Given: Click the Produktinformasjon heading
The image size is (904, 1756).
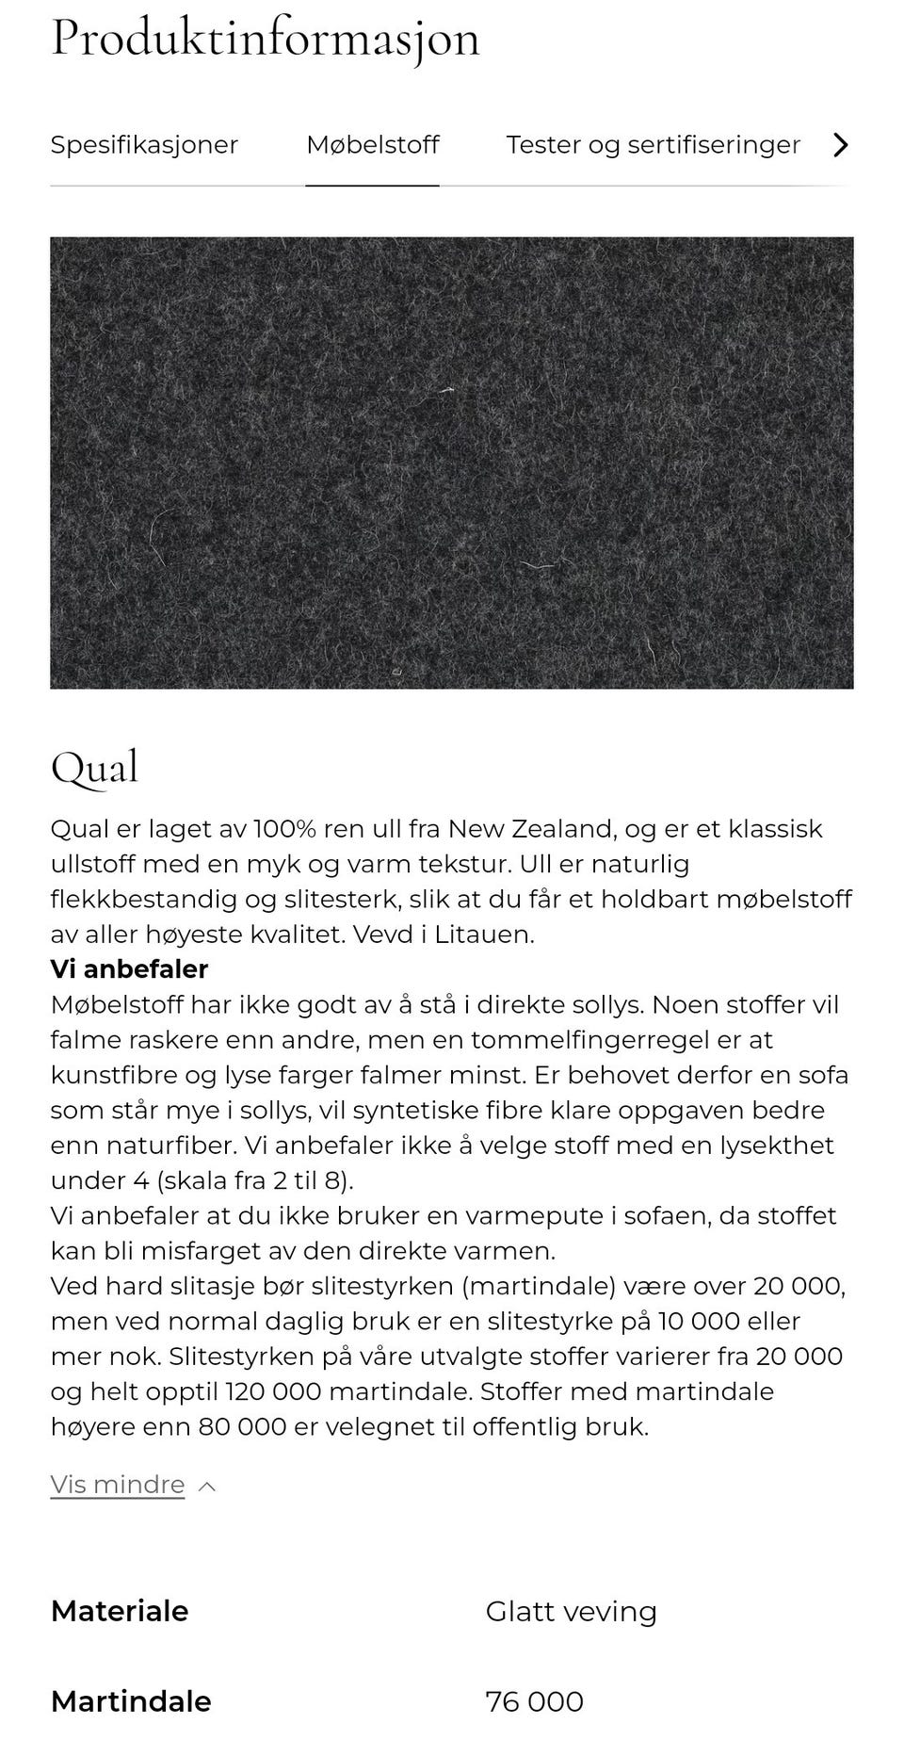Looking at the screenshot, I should [x=265, y=40].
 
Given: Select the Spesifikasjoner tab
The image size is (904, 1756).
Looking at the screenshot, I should [x=144, y=145].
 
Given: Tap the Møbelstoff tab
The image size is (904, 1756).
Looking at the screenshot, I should [x=373, y=145].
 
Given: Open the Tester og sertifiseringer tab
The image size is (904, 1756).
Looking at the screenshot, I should [x=653, y=145].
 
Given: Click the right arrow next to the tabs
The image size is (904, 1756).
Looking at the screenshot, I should [x=841, y=145].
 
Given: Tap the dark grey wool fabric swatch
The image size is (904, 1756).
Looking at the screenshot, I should [x=452, y=463].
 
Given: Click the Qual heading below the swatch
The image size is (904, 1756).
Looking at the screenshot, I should [x=94, y=768].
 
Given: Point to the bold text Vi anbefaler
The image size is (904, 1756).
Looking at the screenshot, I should [x=129, y=969].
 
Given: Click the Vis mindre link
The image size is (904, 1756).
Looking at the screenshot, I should [x=118, y=1485].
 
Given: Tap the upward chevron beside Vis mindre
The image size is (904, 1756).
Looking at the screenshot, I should [x=208, y=1487].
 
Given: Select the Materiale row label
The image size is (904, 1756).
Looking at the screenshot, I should [x=120, y=1611].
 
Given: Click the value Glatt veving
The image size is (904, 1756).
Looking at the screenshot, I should [x=571, y=1611].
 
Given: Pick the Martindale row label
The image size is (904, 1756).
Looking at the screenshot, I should [x=131, y=1701].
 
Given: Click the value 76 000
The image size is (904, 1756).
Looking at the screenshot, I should [x=534, y=1701].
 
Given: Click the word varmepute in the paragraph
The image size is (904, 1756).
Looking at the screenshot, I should [x=524, y=1215].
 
